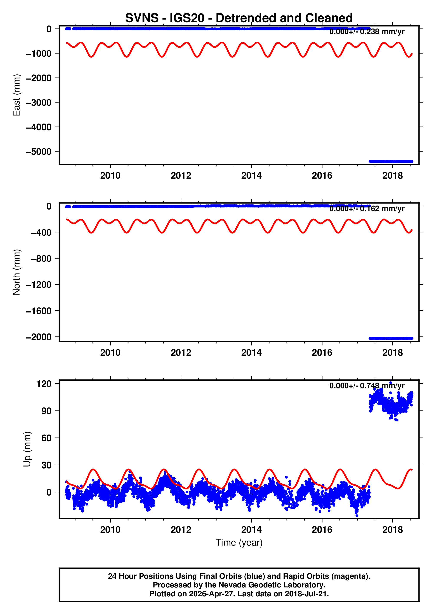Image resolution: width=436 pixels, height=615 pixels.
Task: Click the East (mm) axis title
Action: (17, 95)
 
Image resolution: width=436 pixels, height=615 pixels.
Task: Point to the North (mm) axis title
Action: (17, 272)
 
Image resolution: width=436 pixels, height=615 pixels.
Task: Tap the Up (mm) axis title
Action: (27, 449)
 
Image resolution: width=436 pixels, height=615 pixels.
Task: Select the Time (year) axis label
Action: (239, 542)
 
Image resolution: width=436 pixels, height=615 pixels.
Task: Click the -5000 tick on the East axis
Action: (39, 152)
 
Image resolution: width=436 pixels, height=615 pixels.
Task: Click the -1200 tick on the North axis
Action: (39, 284)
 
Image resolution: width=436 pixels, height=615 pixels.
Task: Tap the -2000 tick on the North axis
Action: (39, 337)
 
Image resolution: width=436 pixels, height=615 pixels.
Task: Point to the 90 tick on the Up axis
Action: (46, 411)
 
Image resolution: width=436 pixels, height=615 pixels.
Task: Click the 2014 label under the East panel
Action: (251, 176)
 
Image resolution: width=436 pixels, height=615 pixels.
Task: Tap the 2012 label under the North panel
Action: (181, 352)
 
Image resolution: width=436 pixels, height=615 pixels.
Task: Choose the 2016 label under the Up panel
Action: (322, 530)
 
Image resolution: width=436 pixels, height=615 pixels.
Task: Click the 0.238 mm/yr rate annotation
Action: (367, 32)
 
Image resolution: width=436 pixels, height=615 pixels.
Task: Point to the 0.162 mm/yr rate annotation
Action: (367, 209)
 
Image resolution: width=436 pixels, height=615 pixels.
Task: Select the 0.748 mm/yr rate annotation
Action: (367, 386)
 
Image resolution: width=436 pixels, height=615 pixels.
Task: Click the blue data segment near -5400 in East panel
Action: (391, 161)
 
